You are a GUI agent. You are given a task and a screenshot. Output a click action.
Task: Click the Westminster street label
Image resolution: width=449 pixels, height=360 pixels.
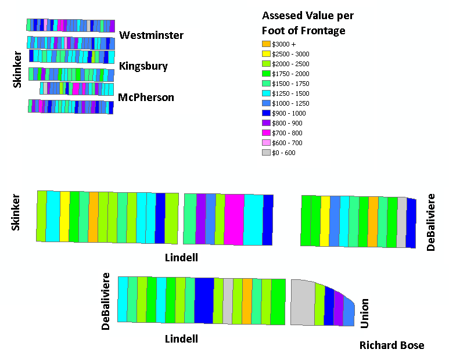[x=151, y=35]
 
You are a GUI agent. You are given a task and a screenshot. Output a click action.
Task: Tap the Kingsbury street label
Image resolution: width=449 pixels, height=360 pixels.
[x=143, y=66]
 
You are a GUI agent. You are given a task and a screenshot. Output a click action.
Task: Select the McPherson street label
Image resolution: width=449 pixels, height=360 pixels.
[x=146, y=98]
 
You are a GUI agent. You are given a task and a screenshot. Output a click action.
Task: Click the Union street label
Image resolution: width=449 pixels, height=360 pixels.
[x=364, y=314]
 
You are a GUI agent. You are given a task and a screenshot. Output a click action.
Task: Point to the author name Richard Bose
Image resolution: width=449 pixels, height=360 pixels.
[x=391, y=345]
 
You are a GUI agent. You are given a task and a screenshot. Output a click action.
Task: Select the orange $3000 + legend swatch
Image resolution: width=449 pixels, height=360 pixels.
[x=266, y=44]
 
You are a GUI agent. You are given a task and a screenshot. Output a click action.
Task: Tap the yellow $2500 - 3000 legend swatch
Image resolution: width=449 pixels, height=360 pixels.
[x=266, y=54]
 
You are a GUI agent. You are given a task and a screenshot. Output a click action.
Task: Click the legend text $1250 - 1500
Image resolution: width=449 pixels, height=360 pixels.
[x=290, y=93]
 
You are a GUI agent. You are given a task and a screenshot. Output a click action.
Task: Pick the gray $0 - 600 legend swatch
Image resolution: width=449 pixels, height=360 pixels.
[x=266, y=153]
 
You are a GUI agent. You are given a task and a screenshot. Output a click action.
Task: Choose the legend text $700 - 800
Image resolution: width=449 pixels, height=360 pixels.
[x=287, y=133]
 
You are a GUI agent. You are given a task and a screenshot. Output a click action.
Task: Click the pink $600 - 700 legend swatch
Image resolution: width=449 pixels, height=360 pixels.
[x=266, y=142]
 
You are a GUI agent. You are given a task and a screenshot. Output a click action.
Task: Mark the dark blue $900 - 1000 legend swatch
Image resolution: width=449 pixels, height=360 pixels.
[x=266, y=113]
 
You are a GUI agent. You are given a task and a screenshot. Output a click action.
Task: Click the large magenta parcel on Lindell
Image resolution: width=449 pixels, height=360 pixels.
[x=234, y=219]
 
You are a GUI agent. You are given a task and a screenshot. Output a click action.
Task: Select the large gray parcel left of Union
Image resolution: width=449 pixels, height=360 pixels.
[x=303, y=303]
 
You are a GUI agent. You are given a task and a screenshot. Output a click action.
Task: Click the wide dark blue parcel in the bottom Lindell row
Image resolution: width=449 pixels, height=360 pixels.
[x=204, y=300]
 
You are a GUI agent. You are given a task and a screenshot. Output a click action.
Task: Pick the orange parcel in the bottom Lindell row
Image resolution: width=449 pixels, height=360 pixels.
[x=247, y=301]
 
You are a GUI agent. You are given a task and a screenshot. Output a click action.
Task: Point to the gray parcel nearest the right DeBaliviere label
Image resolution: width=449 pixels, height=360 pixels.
[x=401, y=222]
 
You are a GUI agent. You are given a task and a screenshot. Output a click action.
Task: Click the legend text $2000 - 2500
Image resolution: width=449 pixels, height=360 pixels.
[x=290, y=64]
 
